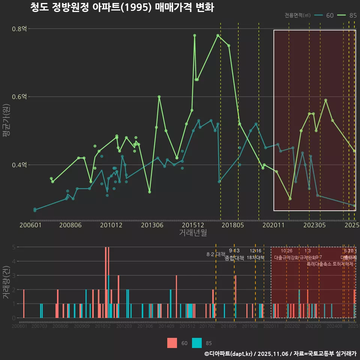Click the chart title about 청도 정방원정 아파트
[x=122, y=8]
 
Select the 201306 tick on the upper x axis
[x=152, y=225]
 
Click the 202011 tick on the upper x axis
[x=274, y=225]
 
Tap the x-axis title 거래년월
[x=193, y=233]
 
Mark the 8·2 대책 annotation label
[x=216, y=254]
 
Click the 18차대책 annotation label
[x=255, y=258]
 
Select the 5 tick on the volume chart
[x=13, y=247]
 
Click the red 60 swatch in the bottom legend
[x=172, y=343]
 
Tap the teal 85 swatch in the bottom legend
[x=197, y=343]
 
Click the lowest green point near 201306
[x=150, y=192]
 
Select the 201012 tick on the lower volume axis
[x=102, y=327]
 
